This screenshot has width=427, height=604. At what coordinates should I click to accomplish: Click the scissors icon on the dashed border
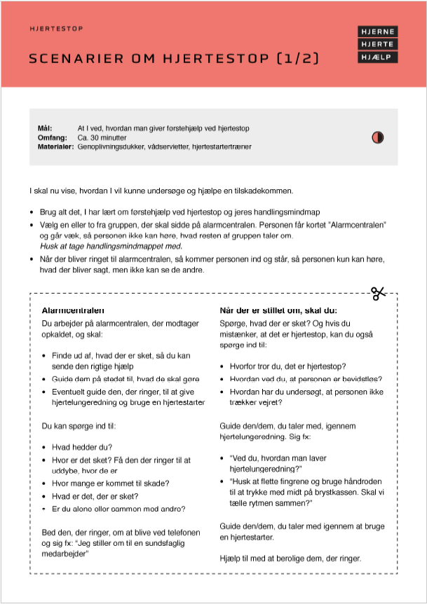(x=379, y=294)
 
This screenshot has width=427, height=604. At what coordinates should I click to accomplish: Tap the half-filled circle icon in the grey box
(x=377, y=137)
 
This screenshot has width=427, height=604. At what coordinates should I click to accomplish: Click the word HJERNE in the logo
(x=377, y=32)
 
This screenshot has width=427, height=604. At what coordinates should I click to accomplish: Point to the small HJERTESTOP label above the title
(x=57, y=29)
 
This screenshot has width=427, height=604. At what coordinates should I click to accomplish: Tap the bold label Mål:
(x=45, y=129)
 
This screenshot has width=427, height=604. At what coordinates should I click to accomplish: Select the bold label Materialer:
(x=55, y=147)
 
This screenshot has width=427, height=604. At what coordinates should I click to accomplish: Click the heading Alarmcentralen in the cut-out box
(x=74, y=310)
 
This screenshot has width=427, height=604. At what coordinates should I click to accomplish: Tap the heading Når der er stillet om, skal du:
(x=278, y=310)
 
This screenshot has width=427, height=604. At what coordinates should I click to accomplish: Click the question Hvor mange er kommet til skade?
(x=110, y=483)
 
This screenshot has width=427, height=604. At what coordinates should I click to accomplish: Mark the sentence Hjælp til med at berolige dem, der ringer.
(x=290, y=558)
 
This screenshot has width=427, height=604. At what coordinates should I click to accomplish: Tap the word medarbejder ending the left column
(x=67, y=554)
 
